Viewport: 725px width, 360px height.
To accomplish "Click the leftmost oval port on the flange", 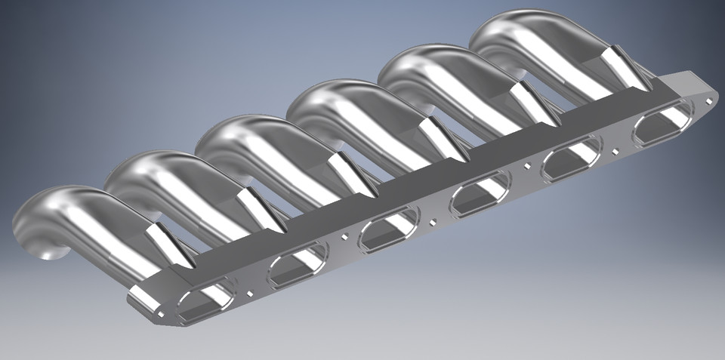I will [204, 300].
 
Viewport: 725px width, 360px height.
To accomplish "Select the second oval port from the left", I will [296, 266].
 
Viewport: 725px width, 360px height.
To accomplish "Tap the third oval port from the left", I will [387, 232].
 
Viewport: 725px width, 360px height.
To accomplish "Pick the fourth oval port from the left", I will [479, 198].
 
